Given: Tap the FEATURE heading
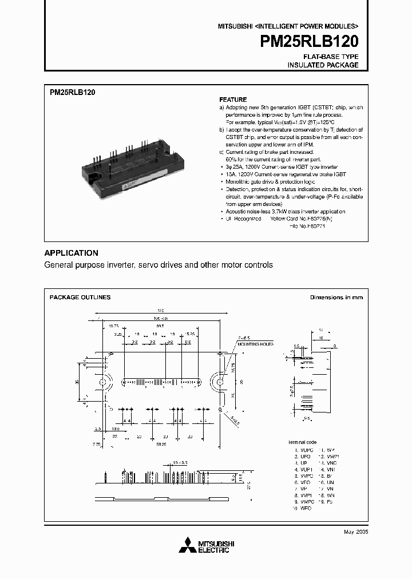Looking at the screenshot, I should pyautogui.click(x=233, y=100).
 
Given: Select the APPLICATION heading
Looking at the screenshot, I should pyautogui.click(x=71, y=253).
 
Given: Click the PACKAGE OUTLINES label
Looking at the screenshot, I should pyautogui.click(x=80, y=298).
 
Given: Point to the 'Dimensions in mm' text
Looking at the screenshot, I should pyautogui.click(x=336, y=298).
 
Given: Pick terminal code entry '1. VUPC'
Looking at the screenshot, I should pyautogui.click(x=301, y=450).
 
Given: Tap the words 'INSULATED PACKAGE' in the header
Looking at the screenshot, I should pyautogui.click(x=323, y=65).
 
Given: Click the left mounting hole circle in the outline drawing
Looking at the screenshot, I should pyautogui.click(x=103, y=382).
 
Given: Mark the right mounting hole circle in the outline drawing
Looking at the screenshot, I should pyautogui.click(x=219, y=382).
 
